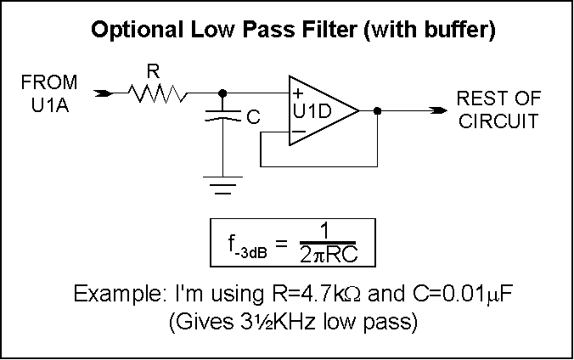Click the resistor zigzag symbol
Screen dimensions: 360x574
pyautogui.click(x=159, y=93)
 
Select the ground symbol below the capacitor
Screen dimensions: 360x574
pyautogui.click(x=222, y=183)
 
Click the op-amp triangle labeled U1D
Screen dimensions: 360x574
pyautogui.click(x=319, y=110)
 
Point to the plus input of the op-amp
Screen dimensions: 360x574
pyautogui.click(x=298, y=94)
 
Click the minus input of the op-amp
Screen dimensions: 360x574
pyautogui.click(x=298, y=132)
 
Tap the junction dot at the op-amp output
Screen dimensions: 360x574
pyautogui.click(x=376, y=110)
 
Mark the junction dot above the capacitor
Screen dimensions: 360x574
pyautogui.click(x=222, y=93)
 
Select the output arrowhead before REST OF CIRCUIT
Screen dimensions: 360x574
pyautogui.click(x=439, y=110)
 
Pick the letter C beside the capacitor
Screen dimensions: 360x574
pyautogui.click(x=252, y=120)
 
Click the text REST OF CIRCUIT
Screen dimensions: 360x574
pyautogui.click(x=496, y=110)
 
